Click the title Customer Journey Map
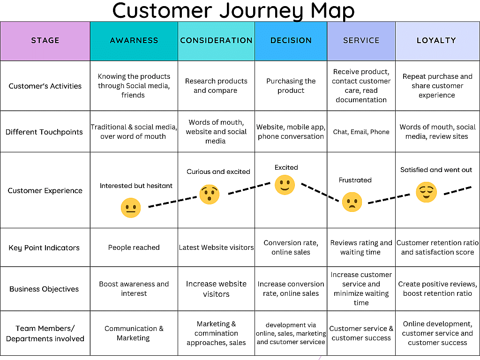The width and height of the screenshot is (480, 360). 233,11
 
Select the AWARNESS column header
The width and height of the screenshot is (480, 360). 134,40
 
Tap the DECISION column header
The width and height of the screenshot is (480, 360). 291,40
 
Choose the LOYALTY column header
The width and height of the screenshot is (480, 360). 436,40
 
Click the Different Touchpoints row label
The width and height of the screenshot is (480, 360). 44,132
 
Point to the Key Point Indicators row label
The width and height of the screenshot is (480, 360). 44,247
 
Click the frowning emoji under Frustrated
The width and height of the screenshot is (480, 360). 352,202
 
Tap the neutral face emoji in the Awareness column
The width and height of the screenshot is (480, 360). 131,208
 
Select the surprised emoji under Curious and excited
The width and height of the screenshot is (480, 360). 210,194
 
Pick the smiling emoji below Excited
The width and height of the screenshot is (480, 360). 285,185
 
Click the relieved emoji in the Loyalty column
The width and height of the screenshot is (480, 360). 426,192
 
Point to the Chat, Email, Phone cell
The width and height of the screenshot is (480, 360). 361,132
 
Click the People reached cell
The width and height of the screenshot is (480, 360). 134,247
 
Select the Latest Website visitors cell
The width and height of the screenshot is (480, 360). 216,247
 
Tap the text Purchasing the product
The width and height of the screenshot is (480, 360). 291,86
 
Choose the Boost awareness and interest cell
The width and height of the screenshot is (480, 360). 134,289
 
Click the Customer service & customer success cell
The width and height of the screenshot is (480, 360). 361,333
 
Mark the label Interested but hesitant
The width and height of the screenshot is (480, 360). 136,186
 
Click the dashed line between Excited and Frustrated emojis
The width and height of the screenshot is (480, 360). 320,192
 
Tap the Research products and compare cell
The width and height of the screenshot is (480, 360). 216,86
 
